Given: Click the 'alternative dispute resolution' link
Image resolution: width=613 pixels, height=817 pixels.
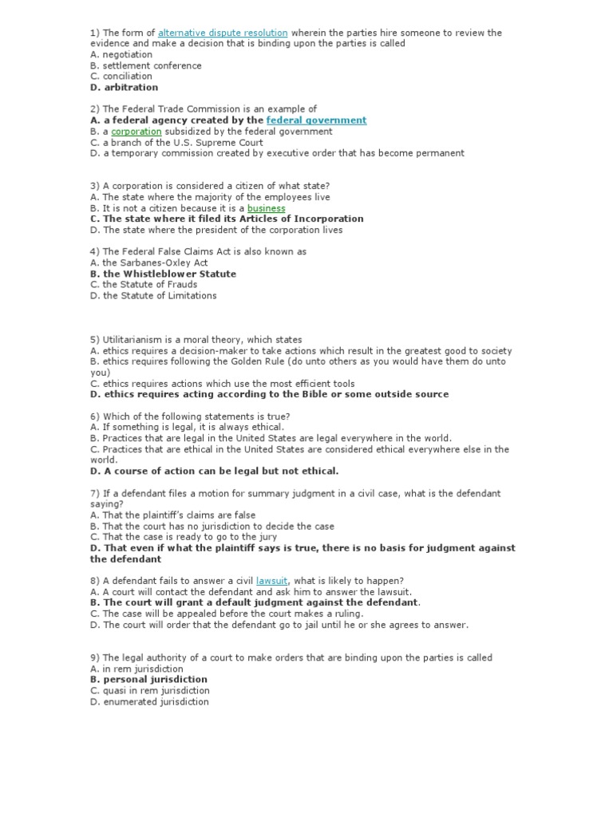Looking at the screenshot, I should click(223, 33).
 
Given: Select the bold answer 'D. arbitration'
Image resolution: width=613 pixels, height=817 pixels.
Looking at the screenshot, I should click(124, 88).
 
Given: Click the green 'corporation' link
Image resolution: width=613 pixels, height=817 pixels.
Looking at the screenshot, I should click(136, 132).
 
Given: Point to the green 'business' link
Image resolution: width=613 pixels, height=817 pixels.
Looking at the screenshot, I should click(266, 208).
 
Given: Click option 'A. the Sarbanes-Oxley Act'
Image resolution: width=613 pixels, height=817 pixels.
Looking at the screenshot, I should click(148, 262).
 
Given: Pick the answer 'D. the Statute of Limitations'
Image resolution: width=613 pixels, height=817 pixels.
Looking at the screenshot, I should click(153, 295).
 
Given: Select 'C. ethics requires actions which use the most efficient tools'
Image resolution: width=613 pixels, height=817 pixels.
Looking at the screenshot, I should click(223, 384).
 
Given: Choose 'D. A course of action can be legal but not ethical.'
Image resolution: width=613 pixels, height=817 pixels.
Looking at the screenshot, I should click(214, 471).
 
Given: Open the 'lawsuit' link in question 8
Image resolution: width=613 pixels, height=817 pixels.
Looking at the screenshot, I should click(271, 581).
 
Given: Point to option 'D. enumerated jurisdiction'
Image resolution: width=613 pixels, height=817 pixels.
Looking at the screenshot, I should click(149, 702).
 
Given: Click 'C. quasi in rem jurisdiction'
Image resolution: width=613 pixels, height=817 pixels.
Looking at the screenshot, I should click(150, 691).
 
